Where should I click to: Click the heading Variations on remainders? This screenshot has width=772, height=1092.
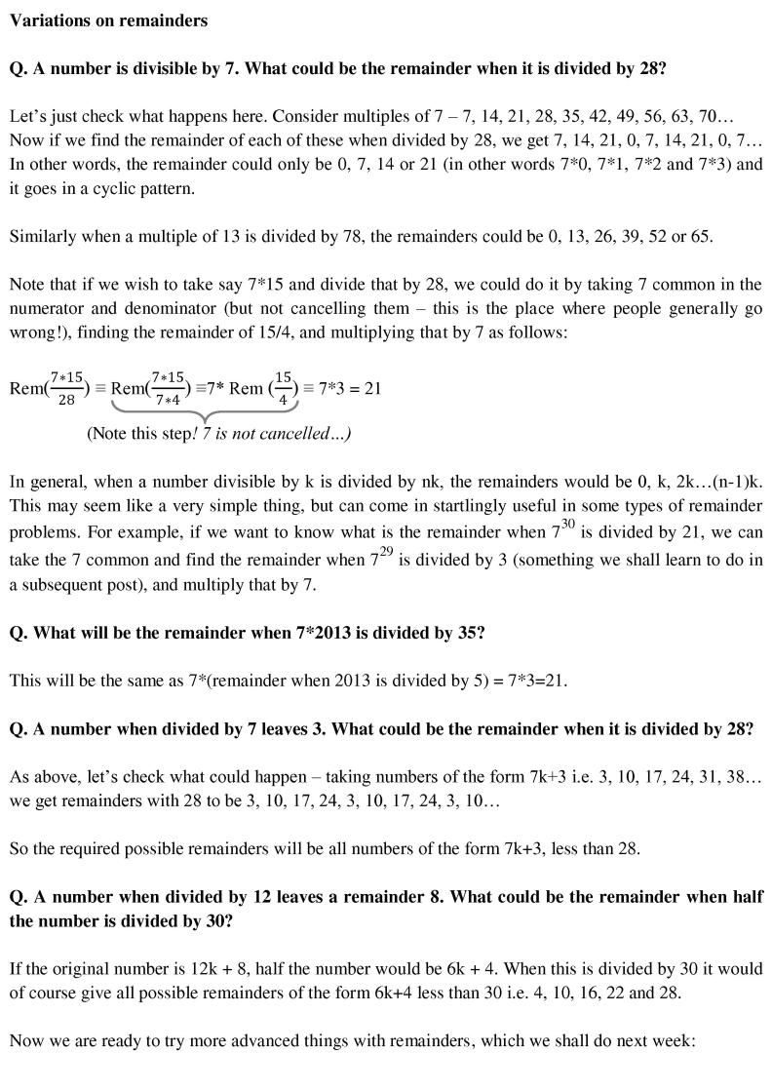[108, 19]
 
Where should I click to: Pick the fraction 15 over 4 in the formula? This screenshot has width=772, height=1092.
[283, 387]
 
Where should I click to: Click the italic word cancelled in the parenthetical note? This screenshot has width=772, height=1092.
[295, 434]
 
